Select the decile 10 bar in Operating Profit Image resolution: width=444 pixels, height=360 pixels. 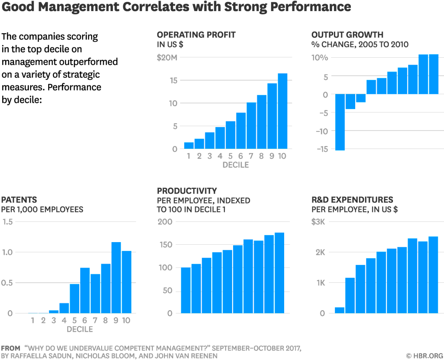[282, 111]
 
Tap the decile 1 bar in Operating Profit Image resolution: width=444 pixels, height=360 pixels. [189, 145]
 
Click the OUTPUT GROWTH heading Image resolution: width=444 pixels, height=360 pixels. [347, 35]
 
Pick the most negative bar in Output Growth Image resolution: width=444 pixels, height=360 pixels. [340, 122]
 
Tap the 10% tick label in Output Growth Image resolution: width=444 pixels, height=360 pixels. [320, 58]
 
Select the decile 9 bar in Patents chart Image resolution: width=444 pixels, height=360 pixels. [116, 277]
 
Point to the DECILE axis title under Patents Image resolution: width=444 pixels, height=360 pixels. [80, 329]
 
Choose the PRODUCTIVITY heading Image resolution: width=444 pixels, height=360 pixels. [186, 191]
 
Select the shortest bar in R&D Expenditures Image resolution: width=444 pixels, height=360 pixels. [339, 310]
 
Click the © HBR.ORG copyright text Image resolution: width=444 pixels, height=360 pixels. [424, 355]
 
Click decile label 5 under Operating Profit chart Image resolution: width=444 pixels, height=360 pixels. [230, 156]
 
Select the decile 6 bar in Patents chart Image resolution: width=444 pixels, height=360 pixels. [85, 290]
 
